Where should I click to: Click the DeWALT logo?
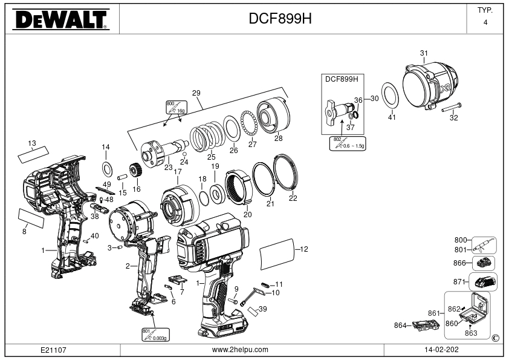tap(61, 19)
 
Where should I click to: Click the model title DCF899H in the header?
tap(280, 19)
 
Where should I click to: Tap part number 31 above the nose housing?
tap(424, 53)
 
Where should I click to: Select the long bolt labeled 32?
tap(451, 107)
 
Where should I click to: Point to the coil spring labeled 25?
tap(207, 136)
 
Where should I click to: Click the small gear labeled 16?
tap(134, 170)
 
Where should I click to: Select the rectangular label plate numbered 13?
tap(33, 154)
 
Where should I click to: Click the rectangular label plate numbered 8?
tap(31, 218)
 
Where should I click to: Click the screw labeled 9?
tap(233, 301)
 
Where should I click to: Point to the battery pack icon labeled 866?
tap(484, 263)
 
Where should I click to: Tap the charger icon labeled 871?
tap(483, 282)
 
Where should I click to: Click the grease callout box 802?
tap(348, 143)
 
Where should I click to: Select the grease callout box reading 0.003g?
tap(155, 335)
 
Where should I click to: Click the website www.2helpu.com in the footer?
tap(240, 350)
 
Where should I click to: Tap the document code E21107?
tap(53, 350)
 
